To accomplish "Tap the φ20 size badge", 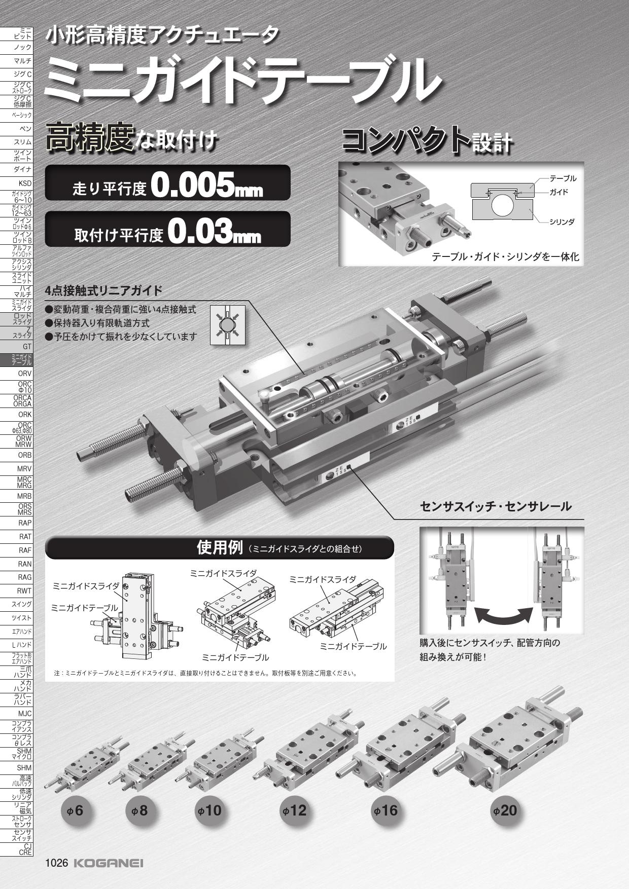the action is (505, 810).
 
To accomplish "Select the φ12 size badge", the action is (295, 810).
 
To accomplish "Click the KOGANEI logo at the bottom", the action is (108, 863).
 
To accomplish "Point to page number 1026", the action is (57, 863).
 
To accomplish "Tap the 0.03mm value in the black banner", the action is (214, 233).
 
